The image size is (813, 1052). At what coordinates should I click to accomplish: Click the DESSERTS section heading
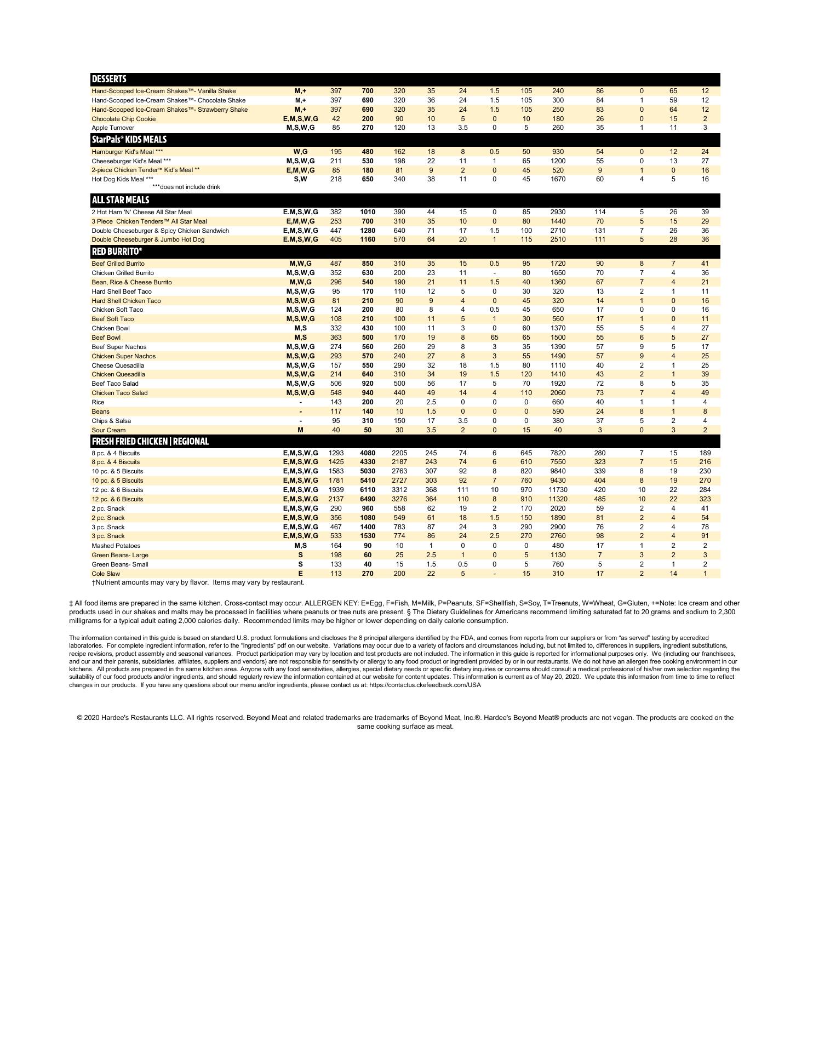pos(109,79)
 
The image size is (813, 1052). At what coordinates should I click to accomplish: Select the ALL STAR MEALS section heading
pos(121,200)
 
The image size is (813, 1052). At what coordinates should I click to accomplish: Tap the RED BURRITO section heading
pos(117,251)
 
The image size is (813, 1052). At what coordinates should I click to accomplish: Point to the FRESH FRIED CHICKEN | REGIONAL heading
pos(150,442)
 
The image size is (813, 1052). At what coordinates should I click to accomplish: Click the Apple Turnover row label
pos(113,128)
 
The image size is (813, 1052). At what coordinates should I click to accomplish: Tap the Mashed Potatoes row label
pos(116,546)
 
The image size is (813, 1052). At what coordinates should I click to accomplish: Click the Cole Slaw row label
pos(106,574)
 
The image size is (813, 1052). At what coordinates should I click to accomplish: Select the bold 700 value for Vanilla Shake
pos(368,91)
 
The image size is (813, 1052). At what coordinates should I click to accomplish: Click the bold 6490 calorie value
pos(368,499)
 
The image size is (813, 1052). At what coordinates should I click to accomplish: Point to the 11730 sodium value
pos(558,490)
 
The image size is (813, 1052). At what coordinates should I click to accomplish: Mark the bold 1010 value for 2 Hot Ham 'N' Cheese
pos(368,212)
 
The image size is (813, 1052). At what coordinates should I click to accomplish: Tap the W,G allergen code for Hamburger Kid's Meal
pos(300,152)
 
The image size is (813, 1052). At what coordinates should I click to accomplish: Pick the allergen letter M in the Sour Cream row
pos(300,430)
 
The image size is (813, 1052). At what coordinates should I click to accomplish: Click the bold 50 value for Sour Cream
pos(368,430)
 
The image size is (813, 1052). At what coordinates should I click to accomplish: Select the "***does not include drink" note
pos(186,187)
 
